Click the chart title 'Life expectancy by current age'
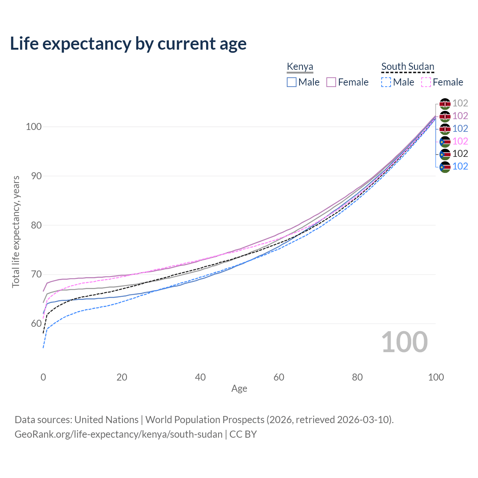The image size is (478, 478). tap(128, 44)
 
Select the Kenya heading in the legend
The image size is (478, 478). tap(300, 67)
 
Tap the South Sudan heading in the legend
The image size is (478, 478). tap(407, 67)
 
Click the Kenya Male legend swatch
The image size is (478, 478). tap(292, 82)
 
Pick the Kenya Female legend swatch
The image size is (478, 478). tap(331, 82)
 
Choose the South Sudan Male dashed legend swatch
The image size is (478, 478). tap(386, 82)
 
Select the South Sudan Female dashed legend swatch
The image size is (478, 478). tap(426, 82)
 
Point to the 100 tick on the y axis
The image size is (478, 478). tap(33, 127)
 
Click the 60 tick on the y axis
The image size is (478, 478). tap(36, 323)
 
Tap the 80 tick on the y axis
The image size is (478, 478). tap(36, 225)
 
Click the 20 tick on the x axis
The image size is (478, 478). tap(122, 377)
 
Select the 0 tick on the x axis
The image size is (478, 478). tap(43, 377)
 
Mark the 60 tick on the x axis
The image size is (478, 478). tap(279, 377)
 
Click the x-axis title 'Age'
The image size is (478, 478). tap(239, 389)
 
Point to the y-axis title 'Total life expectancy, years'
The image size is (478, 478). tap(16, 232)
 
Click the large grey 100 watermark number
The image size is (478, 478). tap(404, 342)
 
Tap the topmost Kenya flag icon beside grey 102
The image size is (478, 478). tap(445, 103)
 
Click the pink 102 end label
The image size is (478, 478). tap(460, 141)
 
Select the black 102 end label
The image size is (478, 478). tap(460, 153)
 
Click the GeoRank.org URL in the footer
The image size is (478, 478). tap(118, 434)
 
